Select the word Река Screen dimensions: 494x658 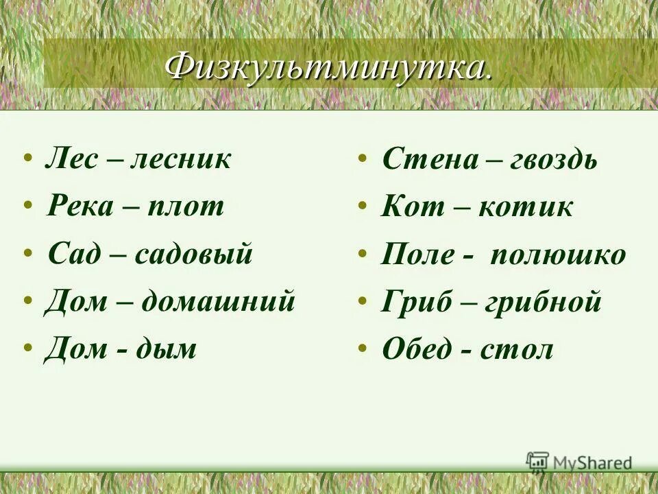pos(80,206)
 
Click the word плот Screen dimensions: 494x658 pos(186,206)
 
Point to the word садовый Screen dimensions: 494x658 pos(194,254)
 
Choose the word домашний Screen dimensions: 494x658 pos(218,301)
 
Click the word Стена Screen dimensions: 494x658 pos(430,160)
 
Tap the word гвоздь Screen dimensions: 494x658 pos(553,160)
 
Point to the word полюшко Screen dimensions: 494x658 pos(557,255)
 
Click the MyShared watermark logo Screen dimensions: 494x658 pos(579,463)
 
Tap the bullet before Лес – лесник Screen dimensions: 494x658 pos(27,160)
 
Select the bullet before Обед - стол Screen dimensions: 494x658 pos(361,349)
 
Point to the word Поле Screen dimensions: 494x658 pos(417,255)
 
